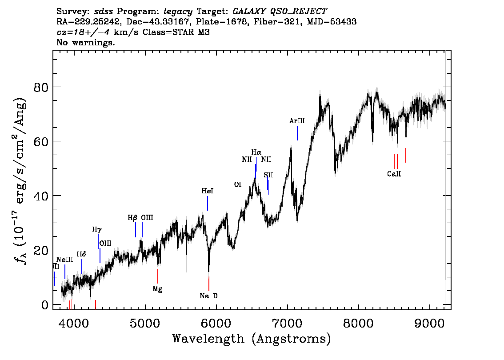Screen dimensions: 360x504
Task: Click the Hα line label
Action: pos(256,152)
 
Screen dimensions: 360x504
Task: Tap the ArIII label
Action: pos(297,120)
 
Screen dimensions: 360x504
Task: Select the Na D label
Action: pos(208,296)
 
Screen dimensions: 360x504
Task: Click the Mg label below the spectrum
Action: pos(157,289)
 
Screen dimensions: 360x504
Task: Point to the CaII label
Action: pos(394,174)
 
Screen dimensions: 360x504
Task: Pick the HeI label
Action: pos(208,191)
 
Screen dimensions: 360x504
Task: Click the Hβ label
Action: pos(133,217)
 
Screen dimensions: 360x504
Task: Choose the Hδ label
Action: pos(81,254)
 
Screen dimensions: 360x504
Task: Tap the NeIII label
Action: pos(64,260)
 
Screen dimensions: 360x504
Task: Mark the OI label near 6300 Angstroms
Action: pos(238,184)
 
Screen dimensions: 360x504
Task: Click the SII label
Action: pos(268,175)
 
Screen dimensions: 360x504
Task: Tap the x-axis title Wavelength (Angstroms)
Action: pos(251,339)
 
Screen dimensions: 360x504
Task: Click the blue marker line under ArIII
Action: pos(297,133)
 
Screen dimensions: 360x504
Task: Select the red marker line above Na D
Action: pos(208,283)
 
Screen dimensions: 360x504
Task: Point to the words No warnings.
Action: pos(86,43)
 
